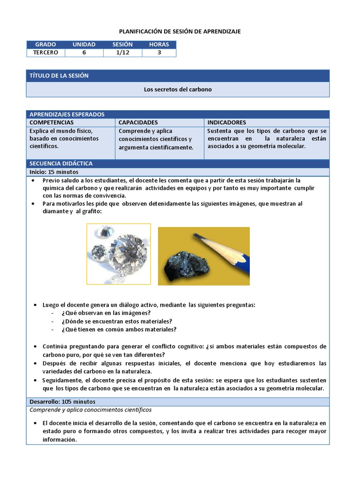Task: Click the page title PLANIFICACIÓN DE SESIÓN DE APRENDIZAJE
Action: point(180,31)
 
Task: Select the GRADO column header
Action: point(45,45)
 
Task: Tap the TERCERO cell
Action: point(45,52)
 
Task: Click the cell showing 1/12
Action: point(122,52)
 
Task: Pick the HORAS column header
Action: point(159,45)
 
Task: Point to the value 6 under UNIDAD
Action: point(84,52)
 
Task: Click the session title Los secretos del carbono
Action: point(178,89)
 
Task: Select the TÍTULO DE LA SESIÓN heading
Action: point(59,75)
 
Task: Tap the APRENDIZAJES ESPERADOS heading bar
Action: point(67,114)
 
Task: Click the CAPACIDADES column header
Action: point(138,122)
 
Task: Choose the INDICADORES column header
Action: point(227,122)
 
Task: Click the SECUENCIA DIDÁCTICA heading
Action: point(61,164)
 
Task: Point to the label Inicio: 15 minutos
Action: point(54,172)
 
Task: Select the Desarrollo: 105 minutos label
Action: point(62,402)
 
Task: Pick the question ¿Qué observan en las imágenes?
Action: point(106,313)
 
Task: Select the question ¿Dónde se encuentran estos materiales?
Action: point(116,321)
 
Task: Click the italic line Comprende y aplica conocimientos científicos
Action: point(90,410)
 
